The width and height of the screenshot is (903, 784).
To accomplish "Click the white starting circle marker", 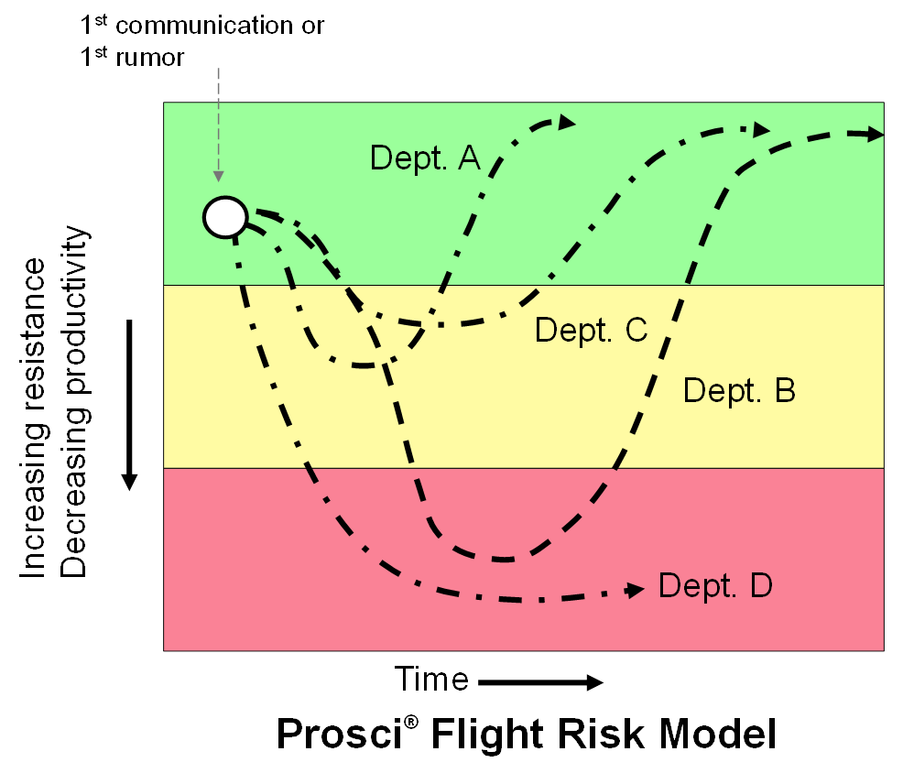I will tap(225, 217).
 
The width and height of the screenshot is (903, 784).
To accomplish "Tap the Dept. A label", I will tap(425, 158).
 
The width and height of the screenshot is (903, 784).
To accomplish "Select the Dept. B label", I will tap(739, 391).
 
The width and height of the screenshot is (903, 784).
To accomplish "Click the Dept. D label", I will tap(714, 584).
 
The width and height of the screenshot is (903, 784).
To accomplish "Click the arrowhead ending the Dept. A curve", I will tap(567, 122).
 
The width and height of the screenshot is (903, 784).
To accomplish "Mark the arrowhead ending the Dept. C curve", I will tap(761, 129).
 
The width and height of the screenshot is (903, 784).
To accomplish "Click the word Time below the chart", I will tap(431, 680).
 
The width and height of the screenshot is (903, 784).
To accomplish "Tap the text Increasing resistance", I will tap(33, 417).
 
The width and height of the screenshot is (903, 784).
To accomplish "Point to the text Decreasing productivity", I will tap(75, 403).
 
